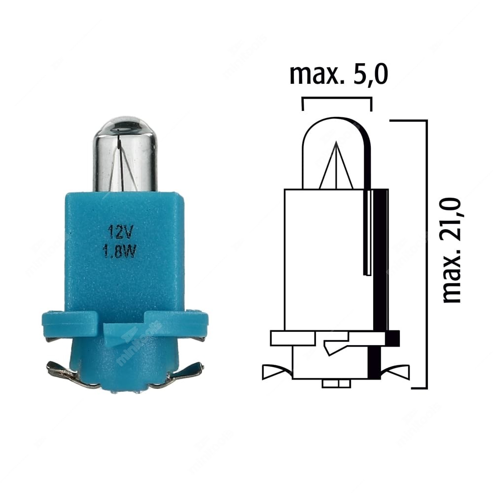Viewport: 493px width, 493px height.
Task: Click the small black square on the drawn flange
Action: click(x=392, y=338)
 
